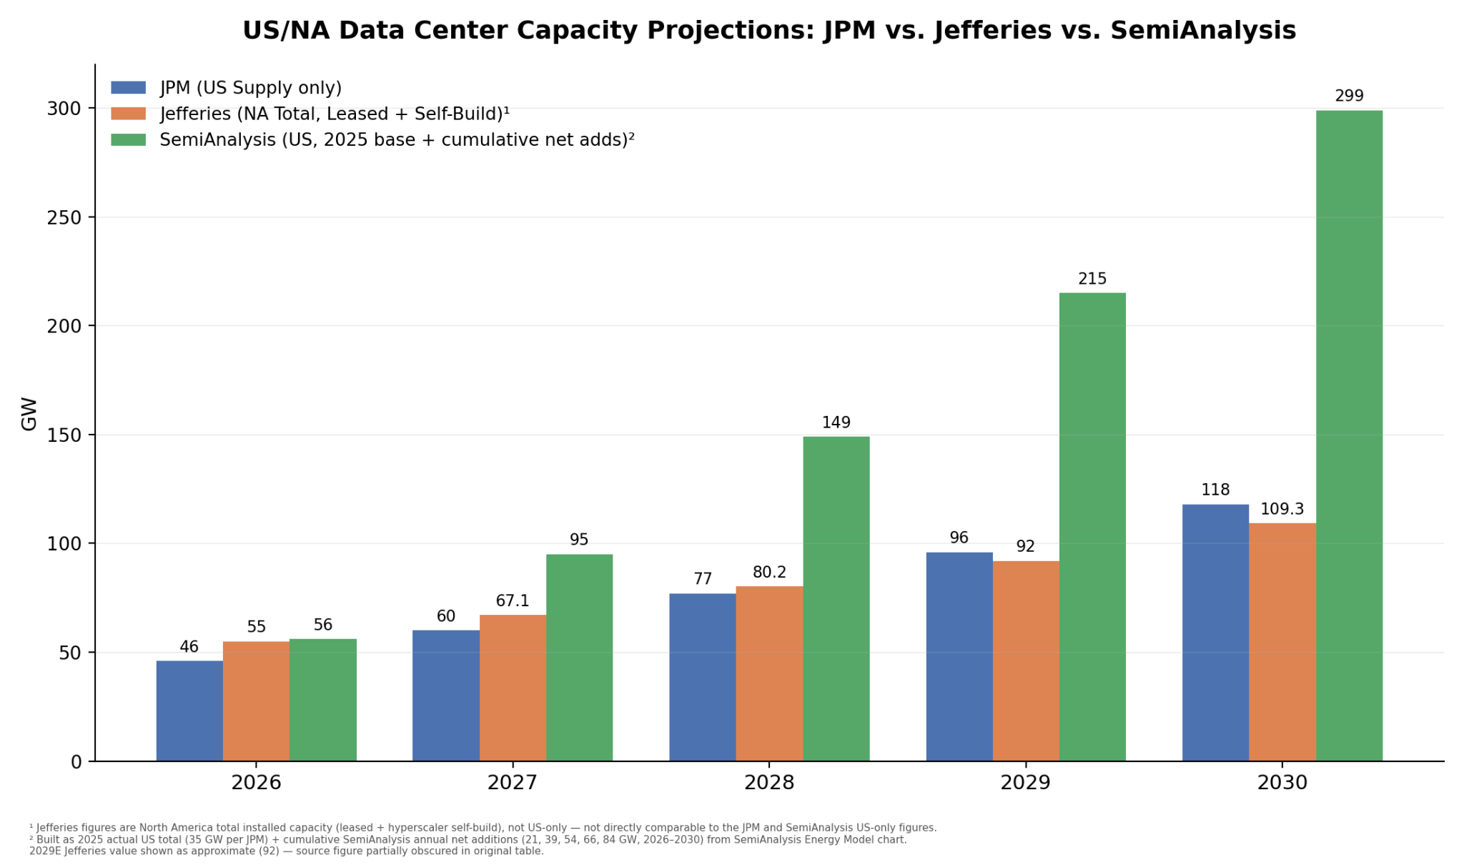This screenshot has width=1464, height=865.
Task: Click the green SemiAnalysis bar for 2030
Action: pos(1349,435)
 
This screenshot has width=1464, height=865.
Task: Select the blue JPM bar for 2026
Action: pos(189,711)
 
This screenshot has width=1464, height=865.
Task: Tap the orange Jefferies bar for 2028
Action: pos(769,673)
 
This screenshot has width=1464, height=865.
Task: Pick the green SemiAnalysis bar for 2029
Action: pos(1092,527)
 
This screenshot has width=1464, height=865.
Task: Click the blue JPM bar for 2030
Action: pos(1215,633)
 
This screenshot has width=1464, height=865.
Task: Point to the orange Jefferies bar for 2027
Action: pos(513,688)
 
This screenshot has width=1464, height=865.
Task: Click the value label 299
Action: pos(1349,96)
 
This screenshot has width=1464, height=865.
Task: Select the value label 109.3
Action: pos(1282,509)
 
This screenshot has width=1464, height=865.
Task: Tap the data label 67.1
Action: pos(513,601)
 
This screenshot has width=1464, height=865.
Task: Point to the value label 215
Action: pos(1092,279)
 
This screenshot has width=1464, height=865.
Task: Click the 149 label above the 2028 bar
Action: pos(836,422)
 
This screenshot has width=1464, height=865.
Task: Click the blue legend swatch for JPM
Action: pos(128,88)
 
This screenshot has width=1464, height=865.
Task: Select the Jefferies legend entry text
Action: pos(335,114)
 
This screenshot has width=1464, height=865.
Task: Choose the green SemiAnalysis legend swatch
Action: pos(128,139)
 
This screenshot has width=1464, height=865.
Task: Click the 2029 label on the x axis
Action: pos(1025,783)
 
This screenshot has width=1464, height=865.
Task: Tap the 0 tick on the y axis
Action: pos(76,762)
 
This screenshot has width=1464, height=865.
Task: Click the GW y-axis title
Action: pos(29,413)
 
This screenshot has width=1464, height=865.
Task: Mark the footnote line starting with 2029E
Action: pos(287,851)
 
